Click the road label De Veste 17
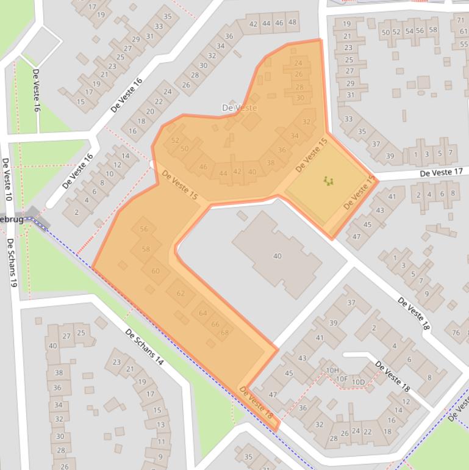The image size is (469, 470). coord(440,173)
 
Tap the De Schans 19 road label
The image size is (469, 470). coord(12,262)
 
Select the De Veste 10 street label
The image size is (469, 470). coord(7,180)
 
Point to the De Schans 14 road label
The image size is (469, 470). coord(145,347)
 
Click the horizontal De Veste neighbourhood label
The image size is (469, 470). coord(239,108)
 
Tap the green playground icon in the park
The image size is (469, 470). coord(328,181)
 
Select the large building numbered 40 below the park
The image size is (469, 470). coord(277,256)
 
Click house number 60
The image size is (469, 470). coord(156,271)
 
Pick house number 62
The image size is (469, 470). coord(181,294)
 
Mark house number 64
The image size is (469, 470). coord(203,313)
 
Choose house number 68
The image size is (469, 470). coord(224,333)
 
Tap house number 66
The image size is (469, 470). coord(215,324)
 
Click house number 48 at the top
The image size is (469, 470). coord(292,23)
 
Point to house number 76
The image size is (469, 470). coord(456,332)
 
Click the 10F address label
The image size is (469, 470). coord(342,378)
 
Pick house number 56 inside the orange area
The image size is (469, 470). coord(144,230)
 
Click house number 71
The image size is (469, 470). coord(461,20)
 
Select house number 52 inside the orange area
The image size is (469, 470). coord(176,140)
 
